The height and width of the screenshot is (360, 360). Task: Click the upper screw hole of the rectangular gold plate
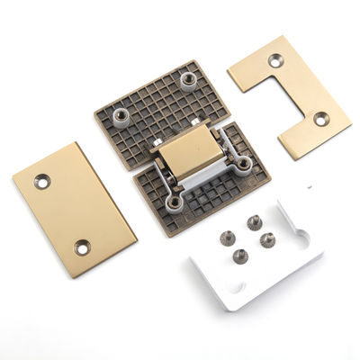[41, 181]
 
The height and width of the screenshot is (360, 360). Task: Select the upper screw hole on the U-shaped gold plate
[274, 60]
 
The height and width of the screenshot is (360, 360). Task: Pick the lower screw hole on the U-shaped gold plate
[319, 118]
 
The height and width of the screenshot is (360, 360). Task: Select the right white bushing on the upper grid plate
[189, 81]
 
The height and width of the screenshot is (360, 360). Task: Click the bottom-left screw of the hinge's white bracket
[173, 202]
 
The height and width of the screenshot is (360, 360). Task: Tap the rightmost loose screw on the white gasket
[268, 238]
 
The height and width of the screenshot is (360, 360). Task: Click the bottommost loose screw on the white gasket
[240, 256]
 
